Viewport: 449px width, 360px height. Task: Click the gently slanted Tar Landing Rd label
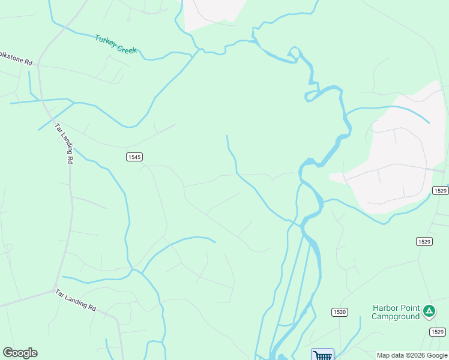(76, 299)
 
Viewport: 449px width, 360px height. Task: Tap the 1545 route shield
(134, 157)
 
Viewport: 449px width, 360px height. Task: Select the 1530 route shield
(339, 312)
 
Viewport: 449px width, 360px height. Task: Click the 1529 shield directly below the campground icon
(437, 331)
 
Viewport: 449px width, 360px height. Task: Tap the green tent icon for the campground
(429, 311)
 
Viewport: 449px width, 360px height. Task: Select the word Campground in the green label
(395, 317)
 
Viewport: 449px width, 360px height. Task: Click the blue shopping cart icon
(322, 355)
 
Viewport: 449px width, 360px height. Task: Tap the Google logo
(20, 353)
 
